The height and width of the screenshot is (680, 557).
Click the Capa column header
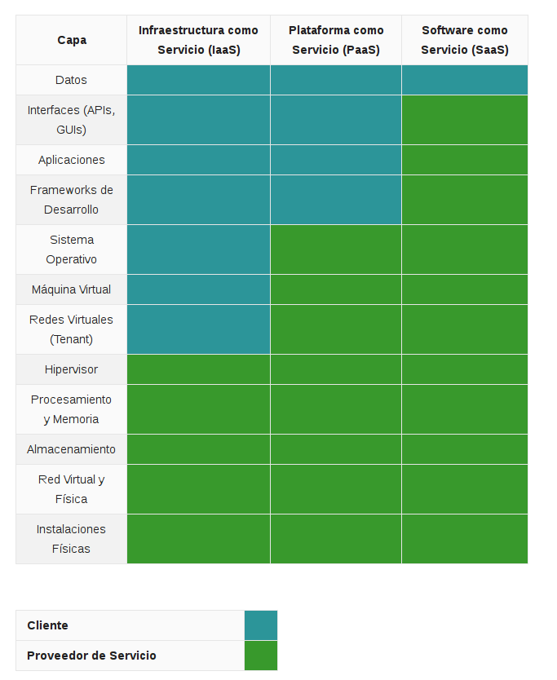click(72, 40)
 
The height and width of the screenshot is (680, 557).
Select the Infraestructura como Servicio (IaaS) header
click(198, 40)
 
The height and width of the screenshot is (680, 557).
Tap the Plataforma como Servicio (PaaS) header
click(336, 40)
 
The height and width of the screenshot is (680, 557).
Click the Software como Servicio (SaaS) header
click(465, 40)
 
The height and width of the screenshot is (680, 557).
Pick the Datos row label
click(72, 80)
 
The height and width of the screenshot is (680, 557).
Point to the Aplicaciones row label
click(72, 160)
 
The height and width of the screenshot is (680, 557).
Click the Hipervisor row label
click(72, 369)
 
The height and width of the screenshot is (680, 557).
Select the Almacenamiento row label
click(72, 449)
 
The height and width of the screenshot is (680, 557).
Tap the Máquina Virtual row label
click(72, 289)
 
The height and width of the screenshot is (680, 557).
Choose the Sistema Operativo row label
click(72, 249)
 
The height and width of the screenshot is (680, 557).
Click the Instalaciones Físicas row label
click(72, 539)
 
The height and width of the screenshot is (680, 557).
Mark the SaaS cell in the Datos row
click(465, 80)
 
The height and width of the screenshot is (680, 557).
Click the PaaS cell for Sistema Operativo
click(336, 249)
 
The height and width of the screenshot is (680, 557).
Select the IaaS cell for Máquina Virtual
click(198, 289)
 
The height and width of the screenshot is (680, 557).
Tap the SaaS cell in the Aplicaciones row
click(465, 160)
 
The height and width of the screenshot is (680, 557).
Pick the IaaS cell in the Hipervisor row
click(198, 369)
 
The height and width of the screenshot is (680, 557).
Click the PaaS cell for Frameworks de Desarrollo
click(336, 200)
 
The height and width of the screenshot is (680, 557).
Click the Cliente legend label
click(48, 625)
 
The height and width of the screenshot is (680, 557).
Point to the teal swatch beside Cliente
click(261, 625)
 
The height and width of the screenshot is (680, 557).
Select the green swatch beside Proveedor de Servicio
click(261, 656)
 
